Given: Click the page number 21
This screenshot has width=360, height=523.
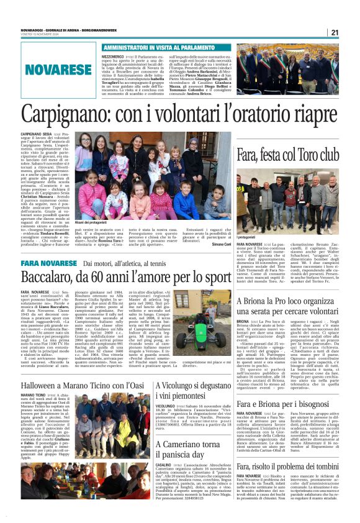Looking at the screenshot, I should (334, 33).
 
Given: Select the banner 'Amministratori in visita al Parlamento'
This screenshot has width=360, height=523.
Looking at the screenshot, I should (158, 47).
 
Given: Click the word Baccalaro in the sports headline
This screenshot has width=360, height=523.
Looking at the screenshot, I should (52, 277).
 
